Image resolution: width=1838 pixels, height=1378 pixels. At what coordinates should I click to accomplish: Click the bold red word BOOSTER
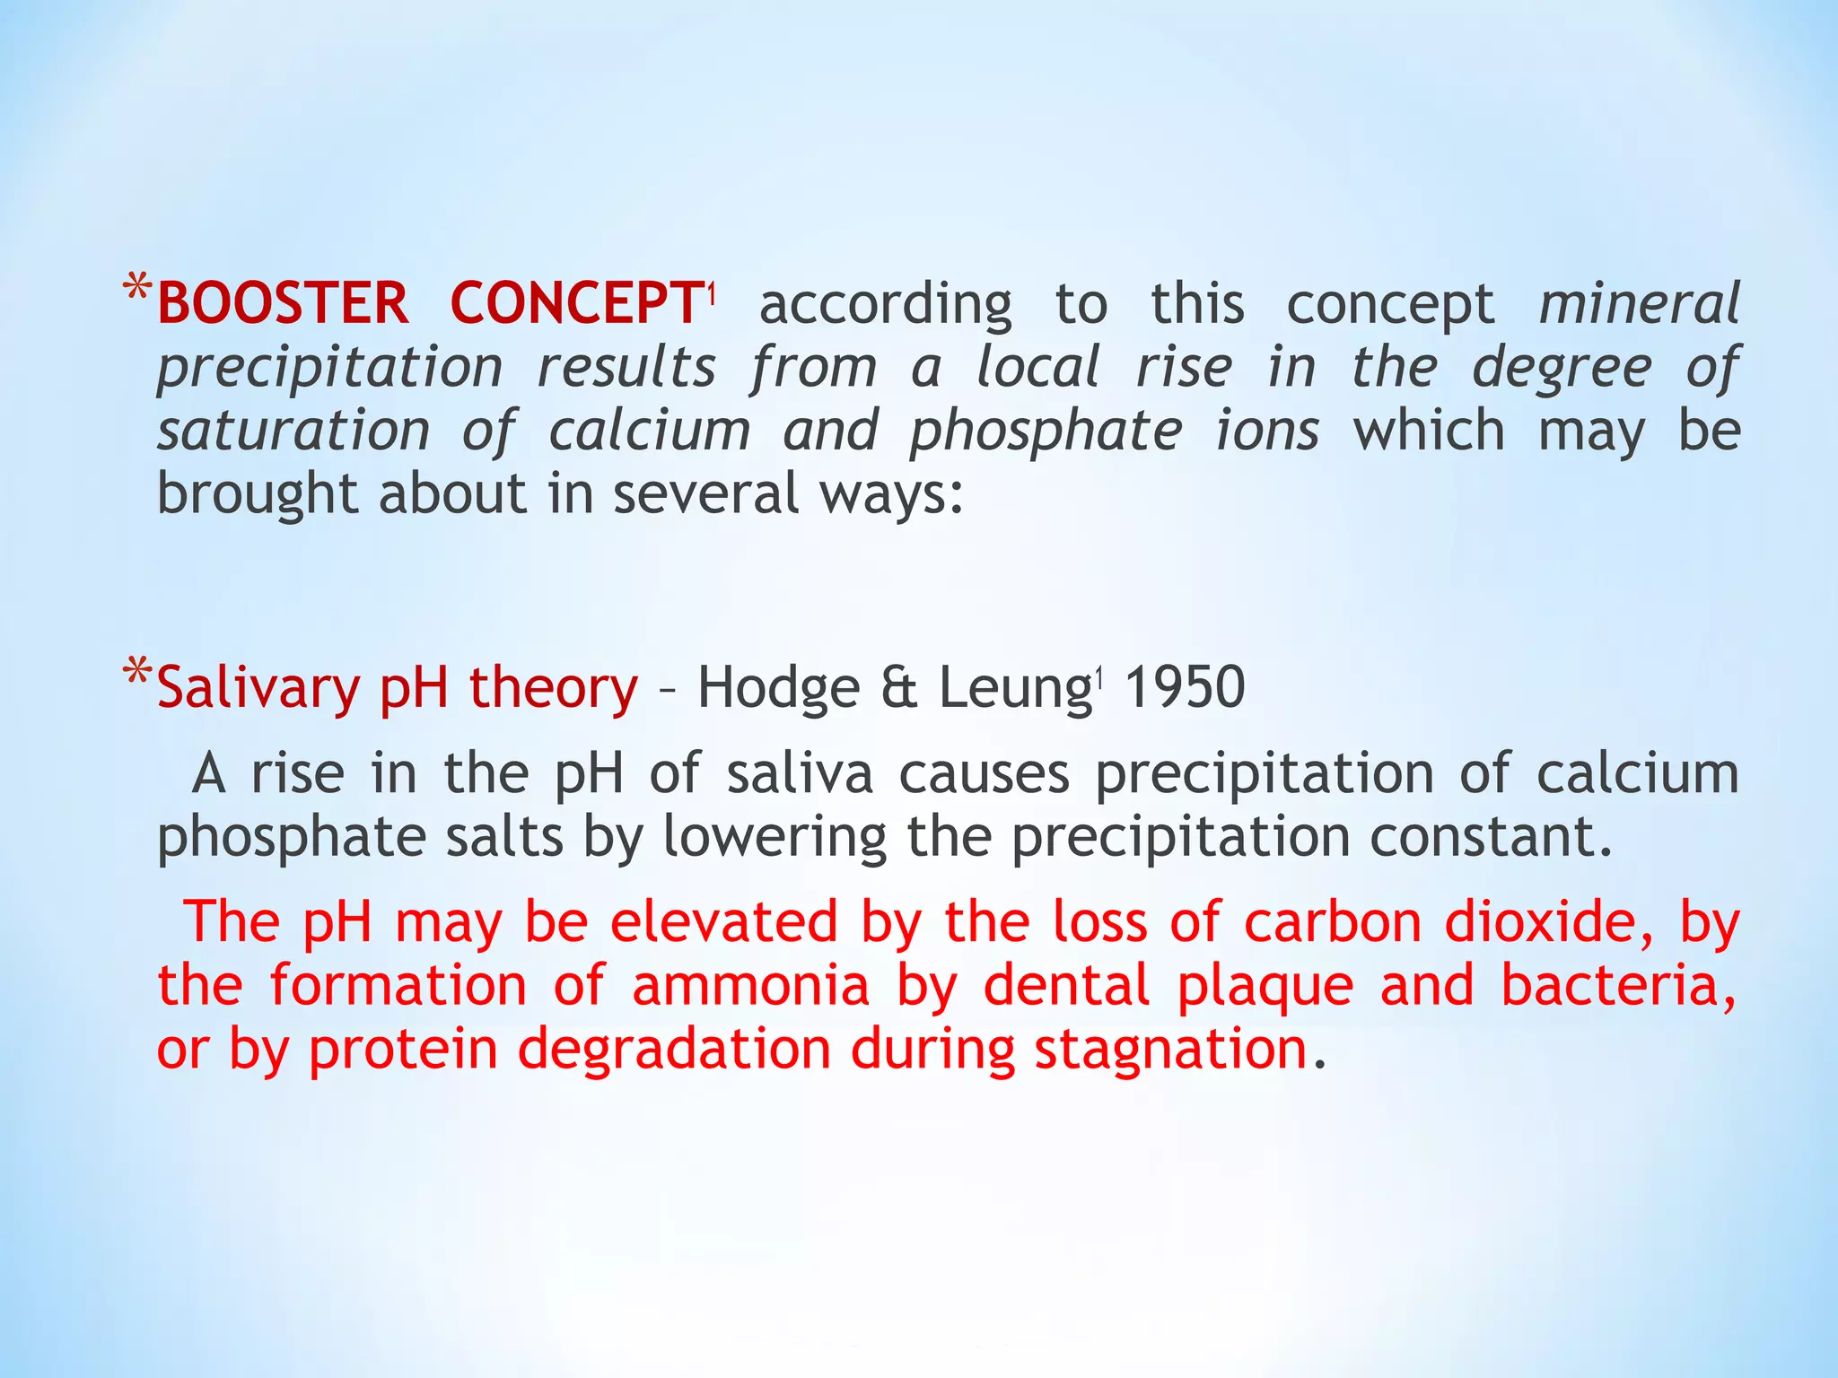pyautogui.click(x=283, y=303)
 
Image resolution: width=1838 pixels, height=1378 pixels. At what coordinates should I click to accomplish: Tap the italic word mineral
pyautogui.click(x=1639, y=303)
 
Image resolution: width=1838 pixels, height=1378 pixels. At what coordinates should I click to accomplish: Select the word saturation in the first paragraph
pyautogui.click(x=293, y=431)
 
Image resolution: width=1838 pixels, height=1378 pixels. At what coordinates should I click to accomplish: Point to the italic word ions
pyautogui.click(x=1266, y=431)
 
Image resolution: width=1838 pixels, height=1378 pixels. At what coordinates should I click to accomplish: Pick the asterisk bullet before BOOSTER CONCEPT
pyautogui.click(x=137, y=291)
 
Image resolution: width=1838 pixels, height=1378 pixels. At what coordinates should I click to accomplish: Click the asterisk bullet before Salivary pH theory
pyautogui.click(x=137, y=674)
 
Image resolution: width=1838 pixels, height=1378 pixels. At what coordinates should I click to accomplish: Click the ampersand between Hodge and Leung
pyautogui.click(x=900, y=689)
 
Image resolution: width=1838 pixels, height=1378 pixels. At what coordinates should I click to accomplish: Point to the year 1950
pyautogui.click(x=1185, y=687)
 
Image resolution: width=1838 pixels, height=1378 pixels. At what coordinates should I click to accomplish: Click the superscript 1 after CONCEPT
pyautogui.click(x=710, y=292)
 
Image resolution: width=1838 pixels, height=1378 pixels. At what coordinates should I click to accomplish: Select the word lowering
pyautogui.click(x=775, y=838)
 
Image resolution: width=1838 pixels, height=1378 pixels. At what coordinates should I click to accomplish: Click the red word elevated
pyautogui.click(x=723, y=922)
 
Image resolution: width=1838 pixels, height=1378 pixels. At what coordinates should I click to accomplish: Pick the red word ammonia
pyautogui.click(x=750, y=985)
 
